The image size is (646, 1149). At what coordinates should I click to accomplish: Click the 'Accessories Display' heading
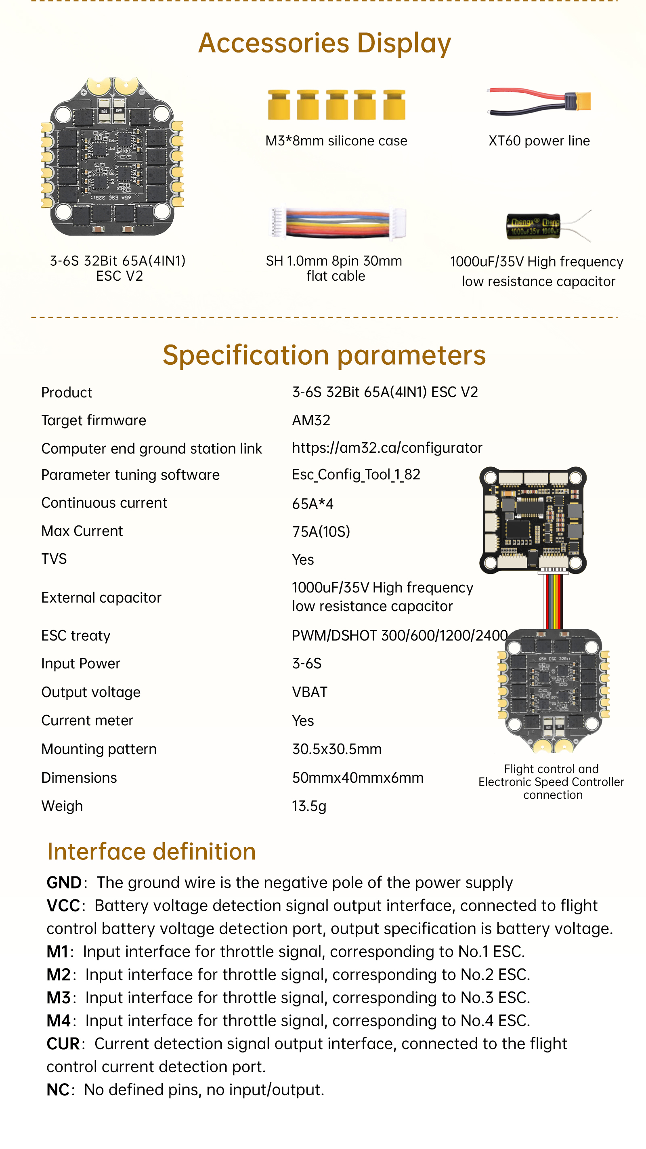[x=324, y=43]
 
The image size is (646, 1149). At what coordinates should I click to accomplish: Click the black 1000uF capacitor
[x=533, y=226]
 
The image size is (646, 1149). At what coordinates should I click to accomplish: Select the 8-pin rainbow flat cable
[x=338, y=223]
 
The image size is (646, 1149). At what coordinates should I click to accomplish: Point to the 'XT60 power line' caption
[x=539, y=141]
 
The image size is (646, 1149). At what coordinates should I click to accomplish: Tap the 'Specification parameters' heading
[x=324, y=355]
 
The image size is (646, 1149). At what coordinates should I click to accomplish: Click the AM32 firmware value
[x=311, y=420]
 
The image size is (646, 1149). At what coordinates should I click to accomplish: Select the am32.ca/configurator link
[x=386, y=448]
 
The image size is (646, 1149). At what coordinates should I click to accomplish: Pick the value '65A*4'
[x=313, y=504]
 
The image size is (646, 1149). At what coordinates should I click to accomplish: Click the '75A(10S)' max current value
[x=321, y=531]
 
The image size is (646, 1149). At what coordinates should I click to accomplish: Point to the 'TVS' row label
[x=54, y=559]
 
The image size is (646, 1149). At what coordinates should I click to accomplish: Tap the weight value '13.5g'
[x=309, y=806]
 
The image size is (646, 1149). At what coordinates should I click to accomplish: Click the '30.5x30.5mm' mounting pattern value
[x=337, y=749]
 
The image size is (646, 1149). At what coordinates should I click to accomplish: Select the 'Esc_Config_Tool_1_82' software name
[x=356, y=475]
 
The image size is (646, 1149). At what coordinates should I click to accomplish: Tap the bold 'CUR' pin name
[x=63, y=1044]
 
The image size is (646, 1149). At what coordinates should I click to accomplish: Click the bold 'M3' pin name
[x=59, y=998]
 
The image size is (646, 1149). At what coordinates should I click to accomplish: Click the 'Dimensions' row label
[x=79, y=777]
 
